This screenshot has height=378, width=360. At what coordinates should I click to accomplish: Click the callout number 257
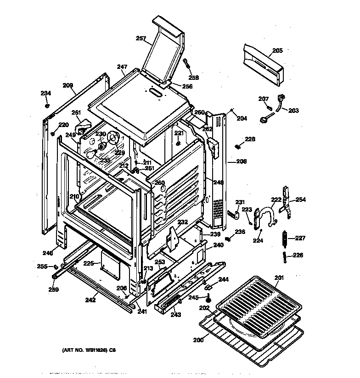coord(141,39)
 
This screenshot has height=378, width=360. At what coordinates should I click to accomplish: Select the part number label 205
coord(277,50)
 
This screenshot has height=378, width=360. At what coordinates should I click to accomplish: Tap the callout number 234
coord(45,93)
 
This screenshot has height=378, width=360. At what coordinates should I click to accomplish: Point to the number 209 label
coord(68,85)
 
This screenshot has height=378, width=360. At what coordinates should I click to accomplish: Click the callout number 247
coord(122,67)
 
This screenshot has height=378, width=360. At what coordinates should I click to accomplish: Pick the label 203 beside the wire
coord(293,111)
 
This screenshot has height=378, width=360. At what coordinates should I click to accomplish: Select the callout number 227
coord(300,238)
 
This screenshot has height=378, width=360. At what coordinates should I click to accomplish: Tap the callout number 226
coord(298,255)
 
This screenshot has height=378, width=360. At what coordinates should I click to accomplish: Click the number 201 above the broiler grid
coord(279,278)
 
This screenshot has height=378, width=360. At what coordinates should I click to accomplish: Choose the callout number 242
coord(90,300)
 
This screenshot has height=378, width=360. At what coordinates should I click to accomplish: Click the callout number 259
coord(54,289)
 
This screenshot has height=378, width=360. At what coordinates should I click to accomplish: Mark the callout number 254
coord(300,200)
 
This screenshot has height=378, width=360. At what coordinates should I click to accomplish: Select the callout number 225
coord(89,263)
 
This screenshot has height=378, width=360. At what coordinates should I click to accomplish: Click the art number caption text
coord(89,350)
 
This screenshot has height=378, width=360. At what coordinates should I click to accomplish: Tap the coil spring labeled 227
coord(285,239)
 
